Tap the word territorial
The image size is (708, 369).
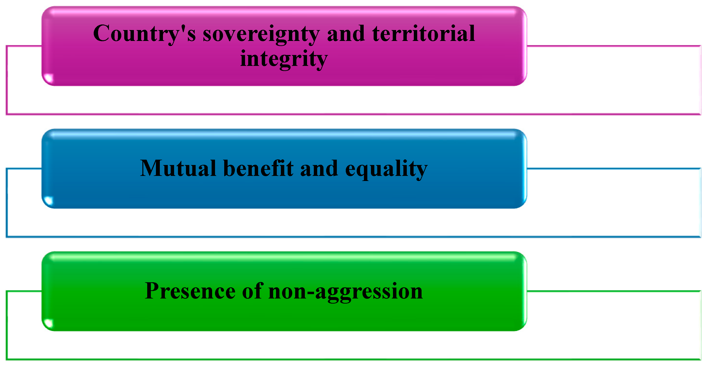click(423, 33)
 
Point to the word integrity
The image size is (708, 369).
click(284, 59)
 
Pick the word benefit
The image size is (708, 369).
click(258, 168)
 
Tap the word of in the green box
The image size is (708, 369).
click(253, 291)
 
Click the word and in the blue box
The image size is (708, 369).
click(319, 168)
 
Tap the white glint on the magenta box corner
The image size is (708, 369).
click(49, 78)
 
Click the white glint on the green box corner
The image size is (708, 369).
click(49, 323)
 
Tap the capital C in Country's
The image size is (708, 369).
click(102, 33)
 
